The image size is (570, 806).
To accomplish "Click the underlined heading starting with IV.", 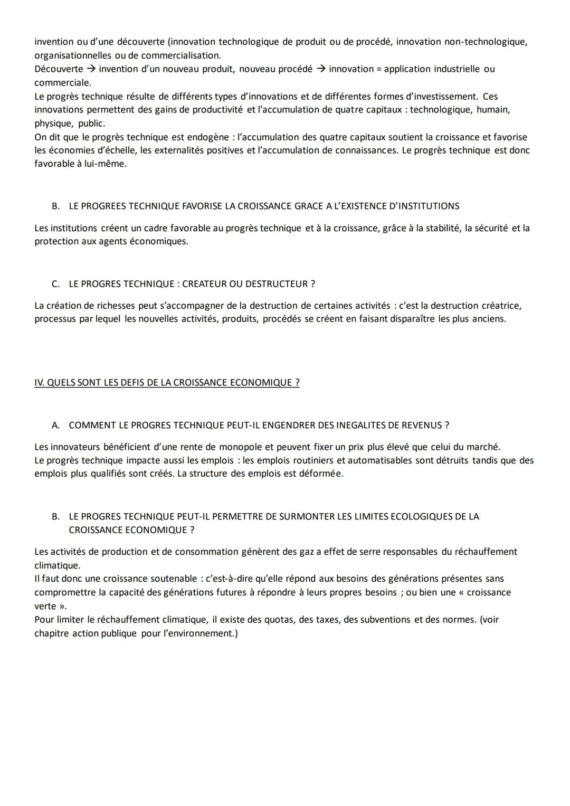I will pyautogui.click(x=167, y=383).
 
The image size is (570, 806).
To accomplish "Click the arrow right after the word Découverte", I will pyautogui.click(x=91, y=69).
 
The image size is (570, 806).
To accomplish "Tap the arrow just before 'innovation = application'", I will pyautogui.click(x=320, y=69).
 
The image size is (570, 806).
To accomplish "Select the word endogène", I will pyautogui.click(x=208, y=137).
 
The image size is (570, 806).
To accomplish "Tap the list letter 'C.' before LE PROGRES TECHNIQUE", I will pyautogui.click(x=55, y=284).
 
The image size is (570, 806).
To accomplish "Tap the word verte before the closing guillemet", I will pyautogui.click(x=45, y=606).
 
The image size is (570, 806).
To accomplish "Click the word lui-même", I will pyautogui.click(x=105, y=164).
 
